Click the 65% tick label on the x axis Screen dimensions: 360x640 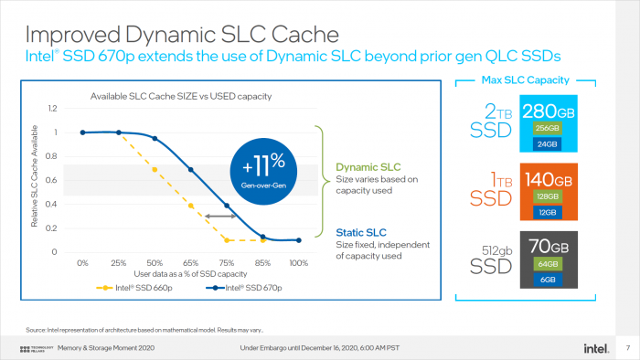190,263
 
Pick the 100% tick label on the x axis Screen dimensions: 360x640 298,263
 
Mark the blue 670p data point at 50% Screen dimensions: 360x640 155,139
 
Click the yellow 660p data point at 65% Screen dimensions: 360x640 190,206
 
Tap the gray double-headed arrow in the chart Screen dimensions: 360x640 221,216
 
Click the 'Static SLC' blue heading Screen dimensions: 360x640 360,231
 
